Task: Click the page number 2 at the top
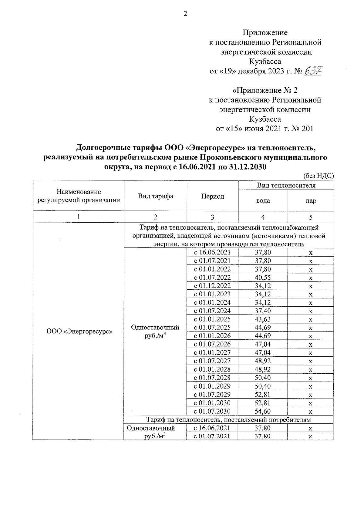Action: click(x=185, y=14)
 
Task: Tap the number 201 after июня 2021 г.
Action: click(x=307, y=129)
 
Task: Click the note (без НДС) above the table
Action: click(x=318, y=176)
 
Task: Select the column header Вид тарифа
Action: click(x=156, y=196)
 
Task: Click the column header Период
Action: click(x=213, y=196)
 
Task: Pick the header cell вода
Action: click(x=263, y=200)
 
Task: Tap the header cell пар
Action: click(x=311, y=200)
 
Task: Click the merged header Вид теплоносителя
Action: click(x=286, y=185)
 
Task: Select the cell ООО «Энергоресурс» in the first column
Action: click(x=79, y=332)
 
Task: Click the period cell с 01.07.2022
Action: click(x=212, y=278)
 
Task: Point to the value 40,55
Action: click(x=263, y=278)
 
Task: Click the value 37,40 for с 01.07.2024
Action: click(x=263, y=311)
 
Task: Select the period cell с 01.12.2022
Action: click(x=212, y=286)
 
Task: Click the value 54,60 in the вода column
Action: click(x=263, y=412)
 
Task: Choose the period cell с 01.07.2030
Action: click(x=212, y=412)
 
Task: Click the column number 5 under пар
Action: click(x=311, y=217)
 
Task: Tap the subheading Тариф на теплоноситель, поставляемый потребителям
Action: click(x=229, y=420)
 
